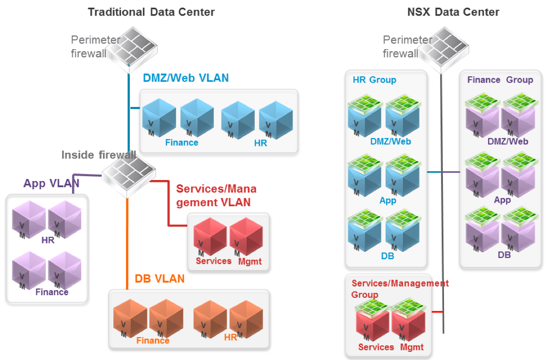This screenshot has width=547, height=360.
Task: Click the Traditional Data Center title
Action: (151, 12)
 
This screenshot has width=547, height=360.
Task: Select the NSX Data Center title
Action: (453, 12)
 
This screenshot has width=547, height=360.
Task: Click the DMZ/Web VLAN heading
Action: (186, 78)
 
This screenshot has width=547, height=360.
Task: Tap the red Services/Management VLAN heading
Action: (216, 195)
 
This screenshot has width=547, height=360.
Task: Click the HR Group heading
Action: (374, 80)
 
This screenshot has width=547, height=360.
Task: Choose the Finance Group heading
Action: (500, 80)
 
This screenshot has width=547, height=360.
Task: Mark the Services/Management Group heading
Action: (400, 288)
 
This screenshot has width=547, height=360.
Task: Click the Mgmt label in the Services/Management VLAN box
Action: (250, 261)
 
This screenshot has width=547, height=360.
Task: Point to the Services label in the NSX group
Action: (376, 347)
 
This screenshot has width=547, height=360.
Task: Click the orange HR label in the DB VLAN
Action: (230, 337)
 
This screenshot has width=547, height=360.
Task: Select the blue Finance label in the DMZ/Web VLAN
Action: (181, 143)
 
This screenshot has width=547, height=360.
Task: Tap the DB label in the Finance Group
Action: (504, 254)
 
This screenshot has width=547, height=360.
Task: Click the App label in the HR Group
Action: (388, 200)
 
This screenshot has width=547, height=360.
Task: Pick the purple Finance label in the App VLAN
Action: (52, 292)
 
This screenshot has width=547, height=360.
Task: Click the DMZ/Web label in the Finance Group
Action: (508, 142)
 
